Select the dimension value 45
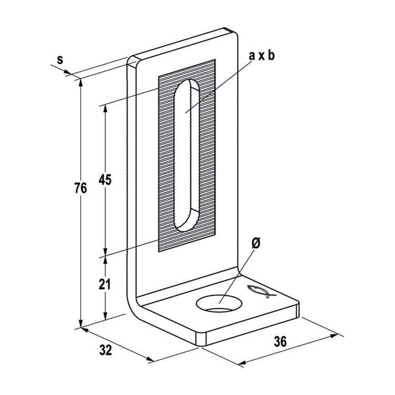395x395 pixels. coord(105,180)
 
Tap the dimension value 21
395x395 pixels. coord(105,284)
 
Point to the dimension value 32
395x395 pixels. coord(105,350)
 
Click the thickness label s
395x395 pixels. coord(60,60)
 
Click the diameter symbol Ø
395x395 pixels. coord(256,243)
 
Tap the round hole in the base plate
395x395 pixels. coord(218,303)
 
